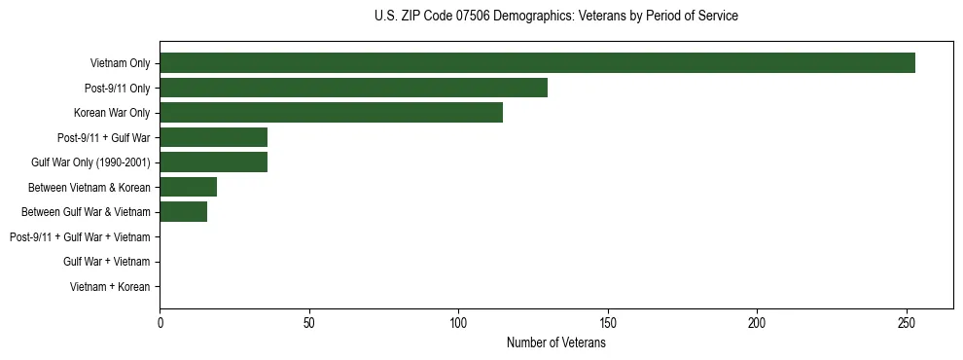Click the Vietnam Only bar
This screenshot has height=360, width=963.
click(537, 63)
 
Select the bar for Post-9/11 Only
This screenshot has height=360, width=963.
click(353, 88)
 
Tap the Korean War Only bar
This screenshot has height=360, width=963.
click(331, 113)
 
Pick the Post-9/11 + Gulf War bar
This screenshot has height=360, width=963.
click(213, 137)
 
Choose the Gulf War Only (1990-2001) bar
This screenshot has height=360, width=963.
click(213, 162)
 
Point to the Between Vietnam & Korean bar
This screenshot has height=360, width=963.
click(188, 187)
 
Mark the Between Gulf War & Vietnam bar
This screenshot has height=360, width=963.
click(183, 212)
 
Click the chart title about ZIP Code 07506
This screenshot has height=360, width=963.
click(555, 17)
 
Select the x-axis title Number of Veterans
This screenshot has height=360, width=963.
click(555, 342)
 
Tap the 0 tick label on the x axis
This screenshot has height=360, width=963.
click(160, 322)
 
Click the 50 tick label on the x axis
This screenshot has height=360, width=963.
click(309, 322)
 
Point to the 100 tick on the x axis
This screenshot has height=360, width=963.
click(458, 322)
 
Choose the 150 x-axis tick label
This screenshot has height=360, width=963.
click(608, 322)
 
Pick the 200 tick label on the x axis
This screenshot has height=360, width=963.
click(757, 322)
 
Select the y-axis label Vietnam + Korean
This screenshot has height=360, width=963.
click(110, 287)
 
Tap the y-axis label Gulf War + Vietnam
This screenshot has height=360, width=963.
click(107, 262)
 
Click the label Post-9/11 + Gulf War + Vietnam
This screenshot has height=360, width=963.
click(80, 237)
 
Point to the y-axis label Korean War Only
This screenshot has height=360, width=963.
click(112, 113)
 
